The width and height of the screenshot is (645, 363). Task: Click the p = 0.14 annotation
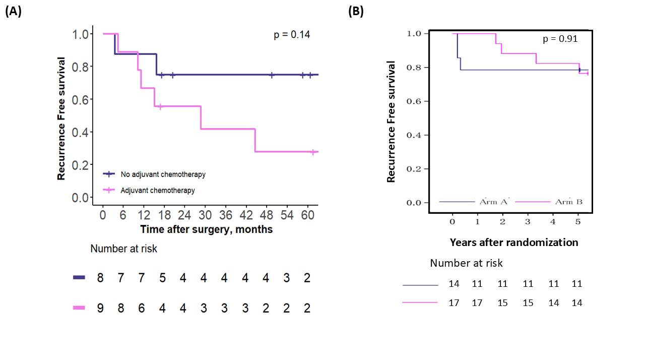(x=292, y=35)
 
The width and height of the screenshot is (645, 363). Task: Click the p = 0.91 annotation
(x=560, y=39)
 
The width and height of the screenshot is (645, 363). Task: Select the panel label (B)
(x=356, y=12)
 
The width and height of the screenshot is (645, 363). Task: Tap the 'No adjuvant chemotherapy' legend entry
(x=163, y=174)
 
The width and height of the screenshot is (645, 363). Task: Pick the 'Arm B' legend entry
(x=568, y=202)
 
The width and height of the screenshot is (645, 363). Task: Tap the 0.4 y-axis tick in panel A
(x=80, y=132)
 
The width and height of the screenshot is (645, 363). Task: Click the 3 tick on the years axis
(x=528, y=221)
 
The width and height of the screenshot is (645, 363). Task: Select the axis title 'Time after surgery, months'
(x=206, y=229)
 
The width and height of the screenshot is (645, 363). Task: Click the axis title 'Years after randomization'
(x=514, y=243)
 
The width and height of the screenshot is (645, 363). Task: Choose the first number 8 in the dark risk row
(x=100, y=278)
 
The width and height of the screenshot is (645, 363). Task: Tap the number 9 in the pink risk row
(x=100, y=308)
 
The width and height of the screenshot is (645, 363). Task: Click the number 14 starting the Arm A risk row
(x=454, y=284)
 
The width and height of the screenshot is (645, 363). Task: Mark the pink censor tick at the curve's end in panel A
(x=313, y=152)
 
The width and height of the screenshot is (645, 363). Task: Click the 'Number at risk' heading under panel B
(x=466, y=263)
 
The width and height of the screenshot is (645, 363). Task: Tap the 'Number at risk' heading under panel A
(x=123, y=249)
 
